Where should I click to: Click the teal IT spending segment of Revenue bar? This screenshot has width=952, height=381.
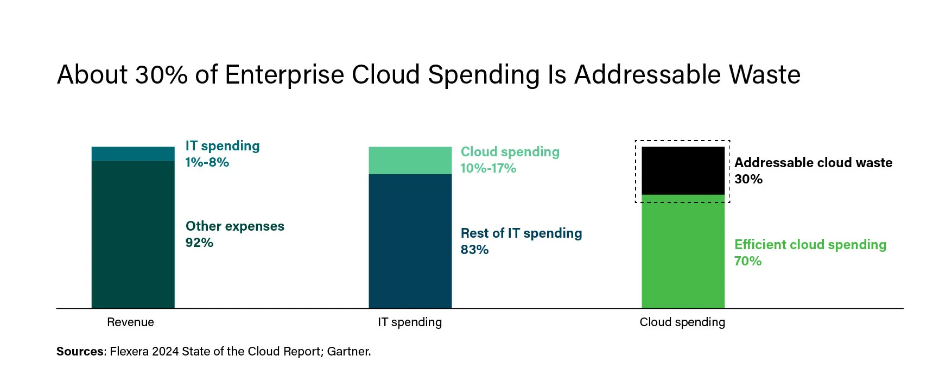(133, 154)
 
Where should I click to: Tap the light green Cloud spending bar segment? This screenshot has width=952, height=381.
(410, 161)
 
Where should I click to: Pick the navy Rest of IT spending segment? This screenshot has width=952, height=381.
(410, 241)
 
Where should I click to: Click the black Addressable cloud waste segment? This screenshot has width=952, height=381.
(683, 170)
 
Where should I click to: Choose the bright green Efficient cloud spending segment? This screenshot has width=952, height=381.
(683, 252)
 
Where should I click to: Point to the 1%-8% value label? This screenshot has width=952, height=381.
(207, 162)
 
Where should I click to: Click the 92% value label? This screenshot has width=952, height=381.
(199, 243)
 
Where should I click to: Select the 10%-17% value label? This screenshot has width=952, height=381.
(488, 168)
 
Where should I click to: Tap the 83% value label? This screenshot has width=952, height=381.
(474, 250)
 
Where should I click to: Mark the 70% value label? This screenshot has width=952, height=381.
(747, 261)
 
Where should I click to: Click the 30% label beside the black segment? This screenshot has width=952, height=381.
(748, 179)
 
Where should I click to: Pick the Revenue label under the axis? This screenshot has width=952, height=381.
(130, 322)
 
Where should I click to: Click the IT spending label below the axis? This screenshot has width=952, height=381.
(410, 322)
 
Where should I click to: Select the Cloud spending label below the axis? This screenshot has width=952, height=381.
(682, 322)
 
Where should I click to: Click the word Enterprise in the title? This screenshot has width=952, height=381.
(284, 75)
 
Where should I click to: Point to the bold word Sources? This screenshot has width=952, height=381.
(80, 352)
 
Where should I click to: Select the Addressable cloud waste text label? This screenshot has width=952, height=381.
(813, 163)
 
